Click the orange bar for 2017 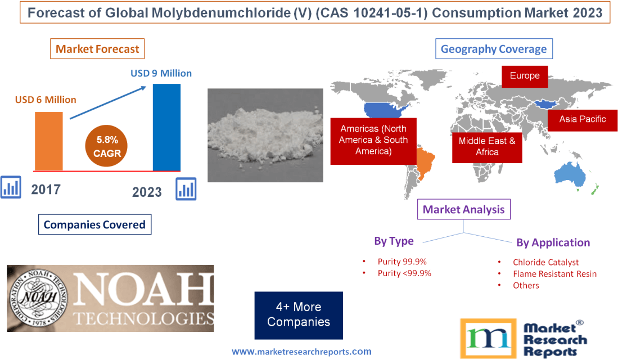49,141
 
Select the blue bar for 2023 167,127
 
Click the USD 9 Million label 161,73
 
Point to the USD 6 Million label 46,100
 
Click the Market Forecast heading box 97,49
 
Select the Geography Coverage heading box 493,49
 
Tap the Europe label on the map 525,76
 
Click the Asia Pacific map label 582,119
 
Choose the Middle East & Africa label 486,146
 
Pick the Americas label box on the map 373,141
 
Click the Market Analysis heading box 463,210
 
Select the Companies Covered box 94,225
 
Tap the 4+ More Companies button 299,315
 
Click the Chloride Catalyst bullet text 545,262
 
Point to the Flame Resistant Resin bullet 554,274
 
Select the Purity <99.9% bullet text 404,273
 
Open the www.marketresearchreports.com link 301,352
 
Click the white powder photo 265,135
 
